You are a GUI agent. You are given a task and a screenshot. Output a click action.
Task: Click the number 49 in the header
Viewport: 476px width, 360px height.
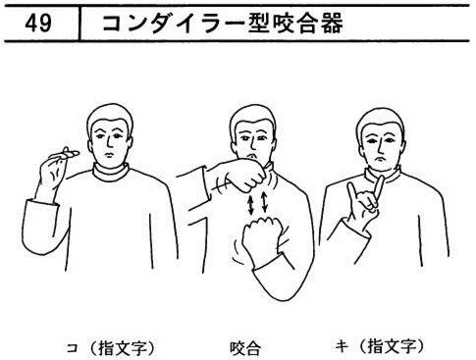pos(38,24)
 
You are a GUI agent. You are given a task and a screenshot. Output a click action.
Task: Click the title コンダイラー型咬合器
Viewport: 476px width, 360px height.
pos(223,24)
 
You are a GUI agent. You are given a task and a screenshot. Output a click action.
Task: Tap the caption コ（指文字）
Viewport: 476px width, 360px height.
pos(111,347)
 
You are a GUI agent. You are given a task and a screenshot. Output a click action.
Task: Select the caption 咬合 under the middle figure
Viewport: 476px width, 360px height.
pos(245,348)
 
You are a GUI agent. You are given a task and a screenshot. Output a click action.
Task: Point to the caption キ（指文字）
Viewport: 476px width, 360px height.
pos(381,346)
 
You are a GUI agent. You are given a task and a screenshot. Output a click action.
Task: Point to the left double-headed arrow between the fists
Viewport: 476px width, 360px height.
pos(250,205)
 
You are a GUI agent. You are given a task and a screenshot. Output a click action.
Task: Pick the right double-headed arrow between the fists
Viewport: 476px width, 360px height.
pos(264,202)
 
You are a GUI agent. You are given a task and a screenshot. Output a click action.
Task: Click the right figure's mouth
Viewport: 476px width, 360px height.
pos(380,158)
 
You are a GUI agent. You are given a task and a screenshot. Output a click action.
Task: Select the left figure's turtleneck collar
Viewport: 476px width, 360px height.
pos(110,173)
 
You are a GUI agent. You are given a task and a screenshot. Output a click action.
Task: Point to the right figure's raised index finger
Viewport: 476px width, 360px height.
pos(352,192)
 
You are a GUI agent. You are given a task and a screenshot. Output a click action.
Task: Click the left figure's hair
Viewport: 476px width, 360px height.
pos(110,115)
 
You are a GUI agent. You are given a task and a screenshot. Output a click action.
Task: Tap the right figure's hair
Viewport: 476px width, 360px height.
pos(380,119)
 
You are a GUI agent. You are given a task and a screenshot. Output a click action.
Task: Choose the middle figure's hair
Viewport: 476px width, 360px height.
pos(252,115)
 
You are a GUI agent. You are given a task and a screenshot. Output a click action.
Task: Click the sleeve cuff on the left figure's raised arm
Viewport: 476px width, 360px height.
pos(41,204)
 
